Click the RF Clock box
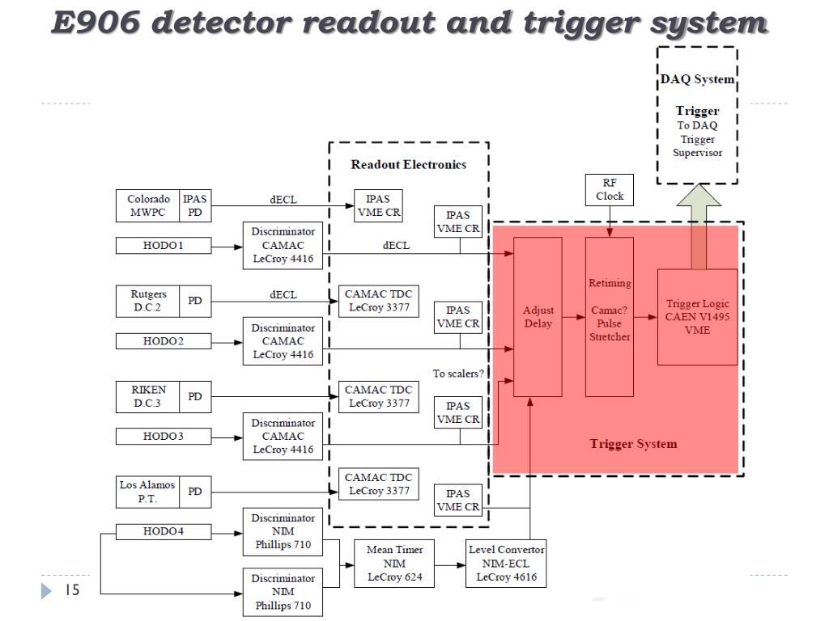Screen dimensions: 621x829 (610, 190)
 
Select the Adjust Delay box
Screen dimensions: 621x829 (538, 317)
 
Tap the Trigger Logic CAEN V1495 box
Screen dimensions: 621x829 (697, 317)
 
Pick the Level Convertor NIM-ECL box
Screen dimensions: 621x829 (506, 564)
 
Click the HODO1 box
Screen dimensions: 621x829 (163, 245)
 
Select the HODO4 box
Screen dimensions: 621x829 (163, 531)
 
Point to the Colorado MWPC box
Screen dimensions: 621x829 (148, 205)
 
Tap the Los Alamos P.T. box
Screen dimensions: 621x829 (147, 492)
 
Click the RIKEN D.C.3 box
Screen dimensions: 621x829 (148, 396)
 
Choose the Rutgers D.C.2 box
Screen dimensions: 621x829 (147, 301)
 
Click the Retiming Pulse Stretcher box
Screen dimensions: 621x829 (610, 317)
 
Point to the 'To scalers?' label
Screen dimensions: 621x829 (458, 374)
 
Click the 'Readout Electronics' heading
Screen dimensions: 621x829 (408, 165)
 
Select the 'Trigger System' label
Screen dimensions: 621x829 (633, 444)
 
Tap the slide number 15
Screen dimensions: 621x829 (72, 590)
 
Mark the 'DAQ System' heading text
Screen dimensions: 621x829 (697, 80)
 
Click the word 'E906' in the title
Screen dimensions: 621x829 (96, 23)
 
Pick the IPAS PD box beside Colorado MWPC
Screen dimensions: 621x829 (195, 205)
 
